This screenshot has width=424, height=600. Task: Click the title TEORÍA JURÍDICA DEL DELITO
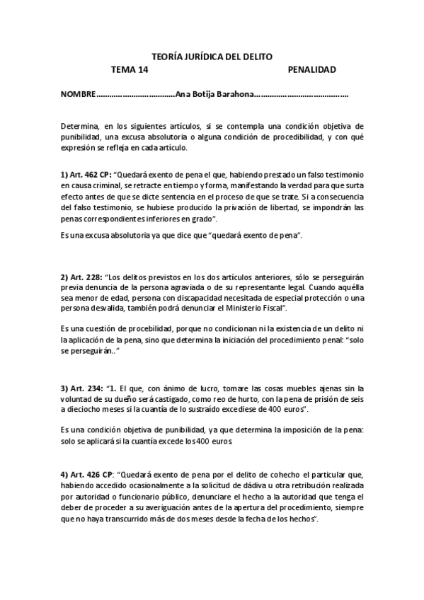click(x=212, y=56)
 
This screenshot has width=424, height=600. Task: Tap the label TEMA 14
click(x=130, y=69)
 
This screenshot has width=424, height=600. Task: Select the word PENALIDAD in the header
click(x=311, y=69)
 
